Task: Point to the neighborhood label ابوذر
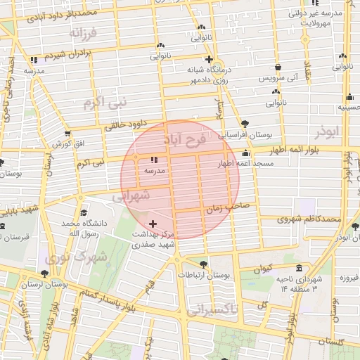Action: click(327, 131)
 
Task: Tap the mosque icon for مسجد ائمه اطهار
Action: click(245, 153)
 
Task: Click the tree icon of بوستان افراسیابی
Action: click(245, 123)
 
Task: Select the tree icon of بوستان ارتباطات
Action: click(203, 264)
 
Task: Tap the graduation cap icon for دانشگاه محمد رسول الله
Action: click(84, 212)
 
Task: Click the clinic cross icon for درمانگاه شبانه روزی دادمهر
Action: click(209, 59)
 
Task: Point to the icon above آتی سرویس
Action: click(278, 67)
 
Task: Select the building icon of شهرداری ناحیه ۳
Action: click(300, 268)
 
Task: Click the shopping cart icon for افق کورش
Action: click(67, 134)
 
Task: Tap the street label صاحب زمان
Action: click(228, 207)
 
